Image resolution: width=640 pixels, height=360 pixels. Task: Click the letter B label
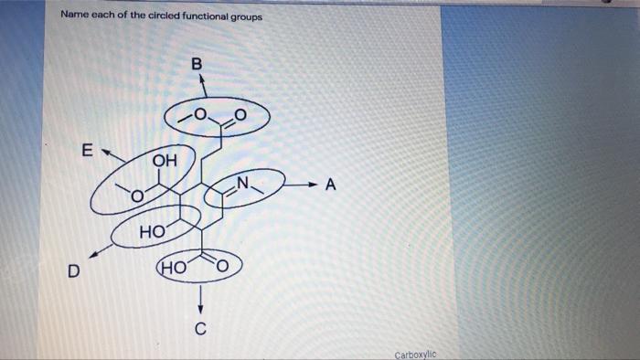click(x=196, y=65)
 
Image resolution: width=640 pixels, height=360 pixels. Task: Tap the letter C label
click(x=201, y=328)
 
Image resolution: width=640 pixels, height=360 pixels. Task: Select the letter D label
click(x=72, y=271)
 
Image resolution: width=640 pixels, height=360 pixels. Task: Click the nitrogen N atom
click(x=243, y=182)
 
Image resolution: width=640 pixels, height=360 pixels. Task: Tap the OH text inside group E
click(x=165, y=161)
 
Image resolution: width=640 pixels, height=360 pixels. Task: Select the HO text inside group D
click(x=151, y=235)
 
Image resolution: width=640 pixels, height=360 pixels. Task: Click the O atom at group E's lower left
click(x=135, y=195)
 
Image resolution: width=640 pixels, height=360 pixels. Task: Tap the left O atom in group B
click(x=201, y=114)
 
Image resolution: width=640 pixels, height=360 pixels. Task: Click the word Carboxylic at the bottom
click(x=417, y=355)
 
